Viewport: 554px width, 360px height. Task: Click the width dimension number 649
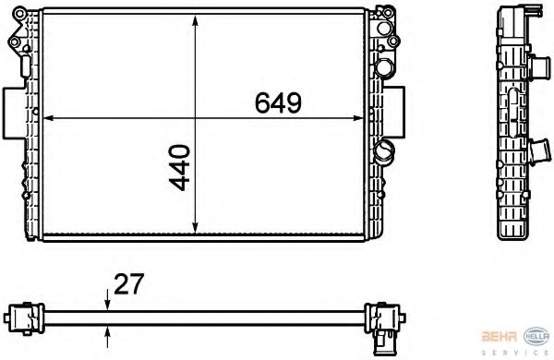278,104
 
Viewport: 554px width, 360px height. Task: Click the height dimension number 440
181,167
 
